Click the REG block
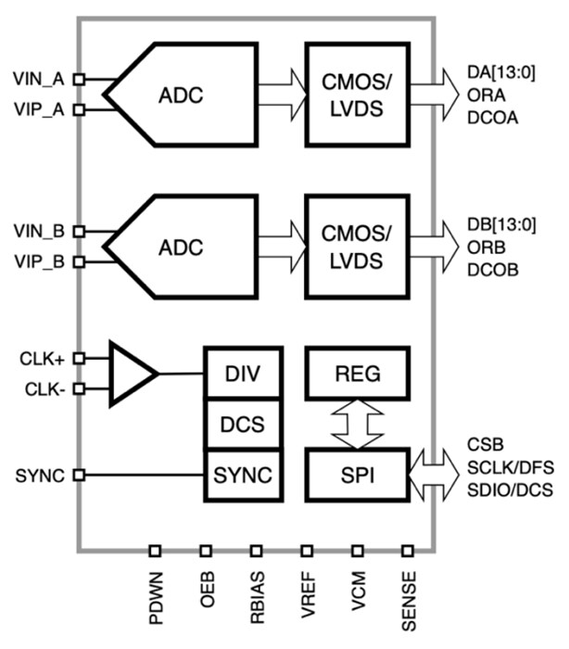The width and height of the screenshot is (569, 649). pos(357,374)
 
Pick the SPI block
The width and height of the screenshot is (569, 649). pos(357,475)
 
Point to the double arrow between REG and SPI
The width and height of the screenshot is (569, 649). pos(357,424)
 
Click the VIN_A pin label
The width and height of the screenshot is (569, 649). pos(38,80)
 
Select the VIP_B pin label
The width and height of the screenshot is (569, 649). pos(38,261)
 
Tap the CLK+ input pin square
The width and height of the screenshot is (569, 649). pos(80,357)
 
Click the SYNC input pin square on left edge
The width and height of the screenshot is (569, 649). pos(80,476)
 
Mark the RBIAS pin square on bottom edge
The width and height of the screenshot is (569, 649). pos(256,550)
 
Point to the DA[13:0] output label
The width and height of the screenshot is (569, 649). pos(501,72)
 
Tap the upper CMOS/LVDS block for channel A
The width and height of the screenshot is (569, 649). pos(357,93)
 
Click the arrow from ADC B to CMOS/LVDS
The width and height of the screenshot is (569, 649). pos(274,248)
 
